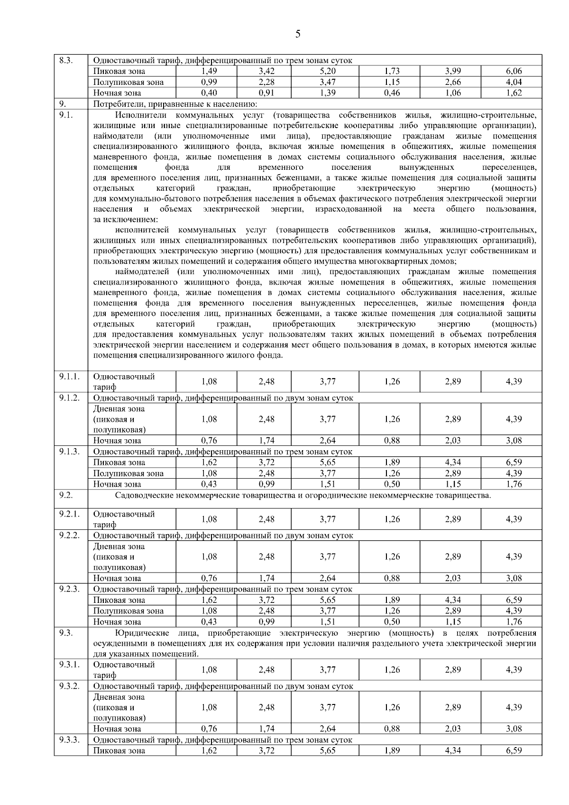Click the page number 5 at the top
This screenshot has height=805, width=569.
(297, 34)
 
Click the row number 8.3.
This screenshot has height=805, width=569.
(65, 60)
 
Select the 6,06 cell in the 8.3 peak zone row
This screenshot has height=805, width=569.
(514, 71)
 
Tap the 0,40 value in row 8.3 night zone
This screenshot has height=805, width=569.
(209, 93)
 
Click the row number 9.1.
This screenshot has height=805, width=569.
(65, 115)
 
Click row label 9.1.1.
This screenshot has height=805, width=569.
(69, 377)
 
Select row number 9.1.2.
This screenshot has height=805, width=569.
(69, 398)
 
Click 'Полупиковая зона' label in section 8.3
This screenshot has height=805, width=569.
(128, 82)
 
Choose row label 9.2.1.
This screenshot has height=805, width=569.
(69, 514)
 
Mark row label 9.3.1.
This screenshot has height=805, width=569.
(69, 665)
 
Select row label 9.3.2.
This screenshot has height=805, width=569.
(69, 686)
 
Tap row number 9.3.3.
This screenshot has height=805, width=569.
(69, 740)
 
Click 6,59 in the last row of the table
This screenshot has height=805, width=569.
(514, 750)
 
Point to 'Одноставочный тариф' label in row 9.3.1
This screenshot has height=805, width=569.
(124, 669)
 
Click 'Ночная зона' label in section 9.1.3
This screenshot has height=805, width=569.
(117, 484)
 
